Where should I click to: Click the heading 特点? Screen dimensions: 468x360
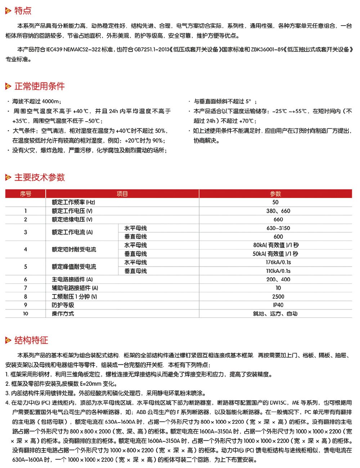23,11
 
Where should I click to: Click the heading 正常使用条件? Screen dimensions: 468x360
39,86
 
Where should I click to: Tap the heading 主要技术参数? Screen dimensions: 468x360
39,177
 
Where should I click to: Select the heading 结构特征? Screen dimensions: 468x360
31,340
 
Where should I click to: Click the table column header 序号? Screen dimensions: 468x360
26,194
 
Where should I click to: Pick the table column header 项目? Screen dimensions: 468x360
122,194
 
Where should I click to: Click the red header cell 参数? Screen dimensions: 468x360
275,194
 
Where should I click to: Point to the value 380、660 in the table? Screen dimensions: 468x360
278,211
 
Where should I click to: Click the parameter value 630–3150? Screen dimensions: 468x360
278,228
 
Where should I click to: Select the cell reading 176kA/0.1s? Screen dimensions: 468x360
278,262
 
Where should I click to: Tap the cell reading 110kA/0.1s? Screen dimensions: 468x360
278,271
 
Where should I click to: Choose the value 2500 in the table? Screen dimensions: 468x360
278,297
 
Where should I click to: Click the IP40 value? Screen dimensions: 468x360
278,305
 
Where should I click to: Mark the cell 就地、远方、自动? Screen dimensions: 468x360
275,314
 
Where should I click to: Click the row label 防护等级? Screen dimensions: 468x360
63,305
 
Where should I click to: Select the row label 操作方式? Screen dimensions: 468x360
63,314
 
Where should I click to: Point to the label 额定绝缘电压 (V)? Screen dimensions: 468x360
72,220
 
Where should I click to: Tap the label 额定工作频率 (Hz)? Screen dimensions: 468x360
73,202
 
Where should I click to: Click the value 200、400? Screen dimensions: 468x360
278,279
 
